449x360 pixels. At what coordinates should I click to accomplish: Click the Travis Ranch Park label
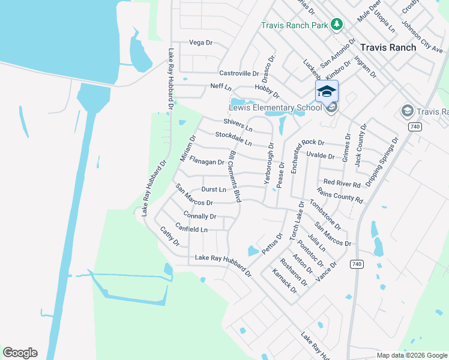294,25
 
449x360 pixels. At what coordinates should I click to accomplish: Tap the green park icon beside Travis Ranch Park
337,25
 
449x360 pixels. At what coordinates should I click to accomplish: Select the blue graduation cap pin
327,92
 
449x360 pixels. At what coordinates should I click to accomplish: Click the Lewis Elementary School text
276,108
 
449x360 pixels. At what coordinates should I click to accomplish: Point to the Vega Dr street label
201,43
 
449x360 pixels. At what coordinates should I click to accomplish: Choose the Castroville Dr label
239,73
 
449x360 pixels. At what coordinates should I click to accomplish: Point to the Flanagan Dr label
206,161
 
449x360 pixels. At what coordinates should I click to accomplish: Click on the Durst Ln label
214,190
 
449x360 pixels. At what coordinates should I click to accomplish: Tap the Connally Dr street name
200,216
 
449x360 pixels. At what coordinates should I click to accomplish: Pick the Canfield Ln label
191,229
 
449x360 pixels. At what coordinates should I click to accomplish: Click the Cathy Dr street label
169,236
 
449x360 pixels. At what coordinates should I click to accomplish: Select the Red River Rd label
342,182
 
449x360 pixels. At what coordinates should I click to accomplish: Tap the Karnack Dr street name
285,280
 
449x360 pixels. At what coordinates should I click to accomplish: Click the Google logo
20,353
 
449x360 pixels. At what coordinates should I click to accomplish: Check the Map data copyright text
411,355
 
